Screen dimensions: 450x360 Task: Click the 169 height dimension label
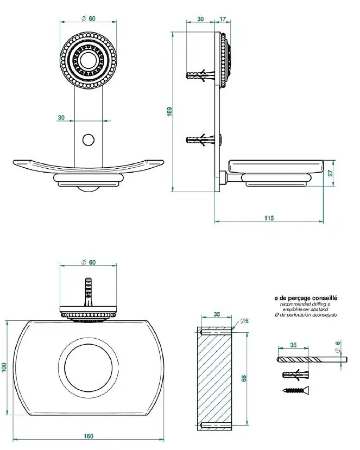(x=169, y=112)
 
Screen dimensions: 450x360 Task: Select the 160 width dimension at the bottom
(x=89, y=435)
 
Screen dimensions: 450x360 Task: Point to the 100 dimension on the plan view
(x=4, y=367)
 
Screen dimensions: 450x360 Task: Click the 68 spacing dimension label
(x=244, y=377)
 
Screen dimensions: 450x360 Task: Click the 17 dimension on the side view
(x=223, y=19)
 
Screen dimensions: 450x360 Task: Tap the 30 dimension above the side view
(x=200, y=19)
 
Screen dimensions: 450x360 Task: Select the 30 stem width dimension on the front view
(x=61, y=117)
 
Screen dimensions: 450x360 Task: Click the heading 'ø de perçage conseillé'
(x=306, y=298)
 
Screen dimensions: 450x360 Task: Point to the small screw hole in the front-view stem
(x=88, y=140)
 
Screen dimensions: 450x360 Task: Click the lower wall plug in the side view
(x=197, y=141)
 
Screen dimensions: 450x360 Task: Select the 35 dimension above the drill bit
(x=293, y=344)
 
